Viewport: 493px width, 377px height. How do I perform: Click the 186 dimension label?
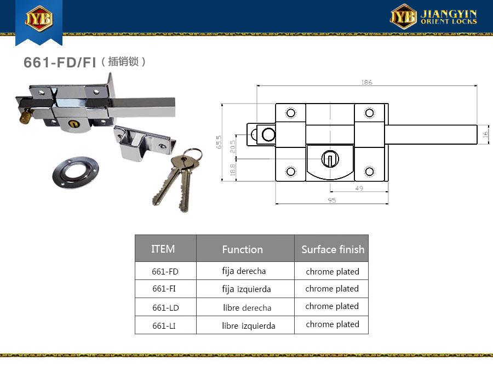[x=366, y=82]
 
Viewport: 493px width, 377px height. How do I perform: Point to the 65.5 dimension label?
[x=219, y=142]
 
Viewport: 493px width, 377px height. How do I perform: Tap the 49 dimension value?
[x=359, y=188]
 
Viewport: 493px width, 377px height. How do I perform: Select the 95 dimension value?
[x=332, y=200]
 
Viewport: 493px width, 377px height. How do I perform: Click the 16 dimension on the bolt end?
[x=485, y=135]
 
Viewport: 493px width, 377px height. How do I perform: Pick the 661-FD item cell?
[x=165, y=271]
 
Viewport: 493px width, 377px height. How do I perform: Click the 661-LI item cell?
[x=164, y=325]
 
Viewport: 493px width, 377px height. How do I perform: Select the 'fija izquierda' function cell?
[x=246, y=289]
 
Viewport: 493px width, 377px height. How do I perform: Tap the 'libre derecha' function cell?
[x=247, y=307]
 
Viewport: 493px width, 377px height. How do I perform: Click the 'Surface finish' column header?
[x=333, y=249]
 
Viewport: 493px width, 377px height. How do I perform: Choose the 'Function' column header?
[x=243, y=249]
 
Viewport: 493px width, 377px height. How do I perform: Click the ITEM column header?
[x=163, y=249]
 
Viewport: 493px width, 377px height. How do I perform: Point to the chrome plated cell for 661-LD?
[x=332, y=306]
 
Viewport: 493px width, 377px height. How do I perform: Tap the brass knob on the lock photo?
[x=26, y=116]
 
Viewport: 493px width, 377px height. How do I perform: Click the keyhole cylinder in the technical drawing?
[x=330, y=158]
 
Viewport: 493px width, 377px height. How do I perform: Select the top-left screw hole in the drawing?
[x=290, y=113]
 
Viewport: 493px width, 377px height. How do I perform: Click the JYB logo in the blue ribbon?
[x=39, y=18]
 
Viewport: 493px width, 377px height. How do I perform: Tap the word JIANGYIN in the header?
[x=449, y=14]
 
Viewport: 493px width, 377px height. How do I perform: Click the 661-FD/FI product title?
[x=60, y=62]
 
